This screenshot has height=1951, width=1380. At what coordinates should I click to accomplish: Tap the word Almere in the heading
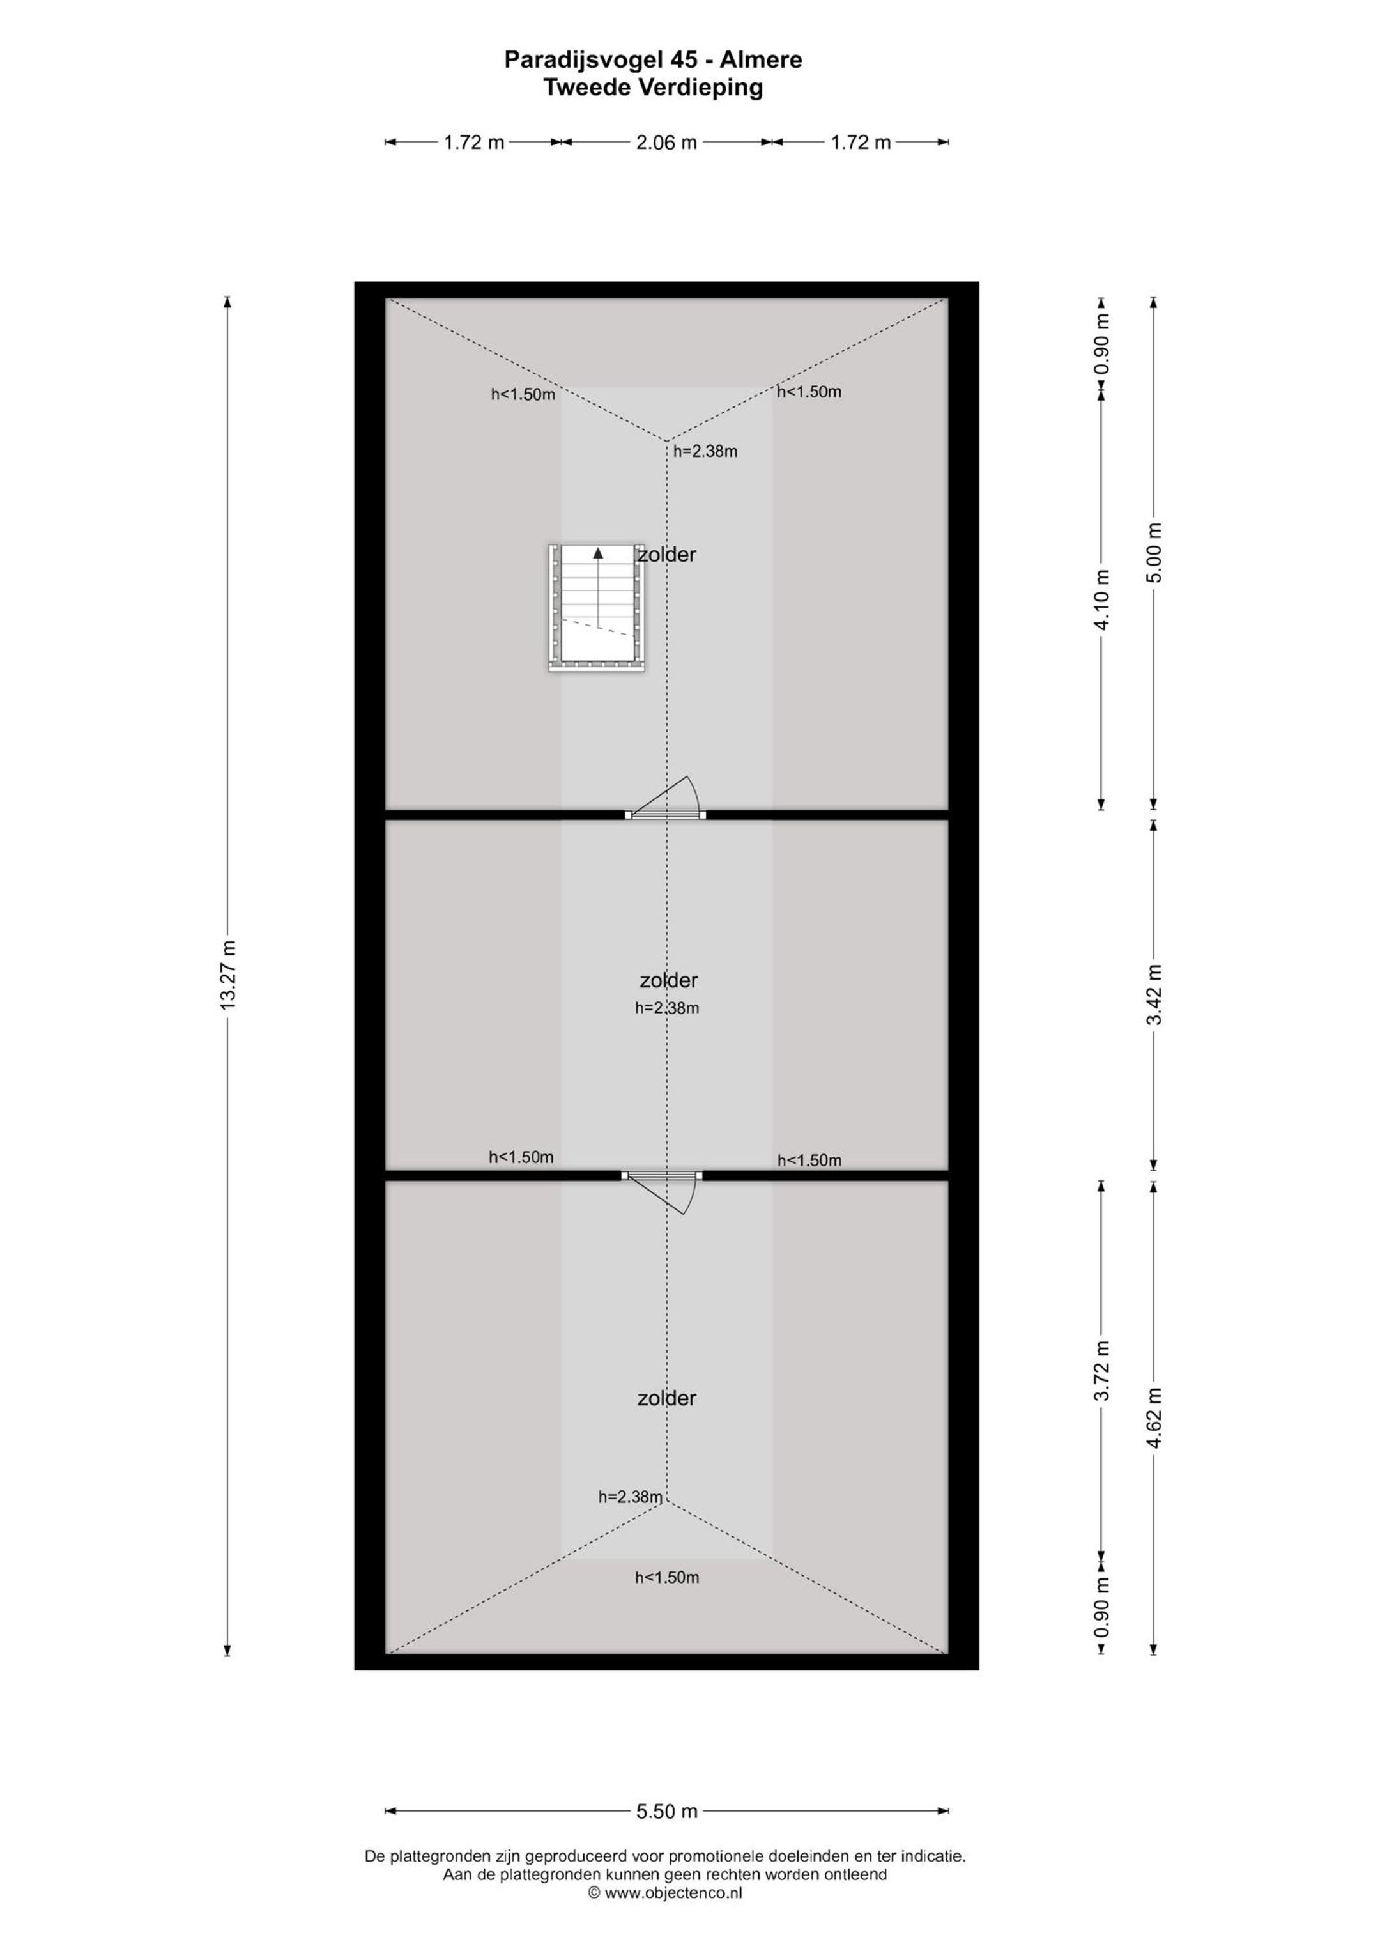[762, 59]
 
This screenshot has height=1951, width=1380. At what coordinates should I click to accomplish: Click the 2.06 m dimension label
[666, 143]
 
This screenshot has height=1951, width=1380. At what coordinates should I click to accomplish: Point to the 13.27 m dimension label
[227, 975]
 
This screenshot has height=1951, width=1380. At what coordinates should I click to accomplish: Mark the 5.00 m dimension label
[1154, 551]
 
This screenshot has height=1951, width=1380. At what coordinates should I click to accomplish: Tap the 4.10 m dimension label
[1102, 600]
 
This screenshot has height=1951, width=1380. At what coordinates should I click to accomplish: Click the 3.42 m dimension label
[1154, 995]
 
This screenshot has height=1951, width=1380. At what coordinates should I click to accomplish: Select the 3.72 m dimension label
[1102, 1371]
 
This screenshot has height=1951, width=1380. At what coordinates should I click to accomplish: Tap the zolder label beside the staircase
[667, 555]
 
